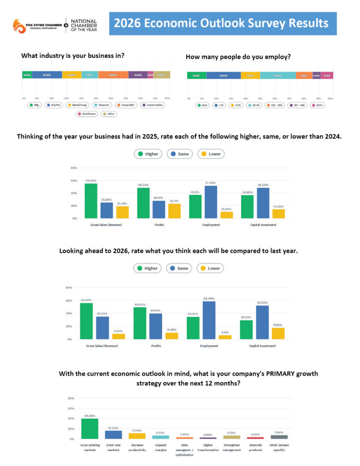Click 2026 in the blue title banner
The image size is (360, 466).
click(x=127, y=23)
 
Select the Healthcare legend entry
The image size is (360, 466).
click(x=87, y=114)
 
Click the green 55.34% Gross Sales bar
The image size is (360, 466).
click(x=91, y=201)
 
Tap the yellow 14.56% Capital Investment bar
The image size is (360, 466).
click(x=279, y=213)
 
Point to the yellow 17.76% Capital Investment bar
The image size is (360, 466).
click(x=279, y=333)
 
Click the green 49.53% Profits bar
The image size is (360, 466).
click(x=140, y=323)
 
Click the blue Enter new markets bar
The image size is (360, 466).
click(x=113, y=435)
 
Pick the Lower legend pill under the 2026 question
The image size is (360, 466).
click(x=210, y=268)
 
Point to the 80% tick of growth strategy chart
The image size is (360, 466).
click(x=71, y=398)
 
